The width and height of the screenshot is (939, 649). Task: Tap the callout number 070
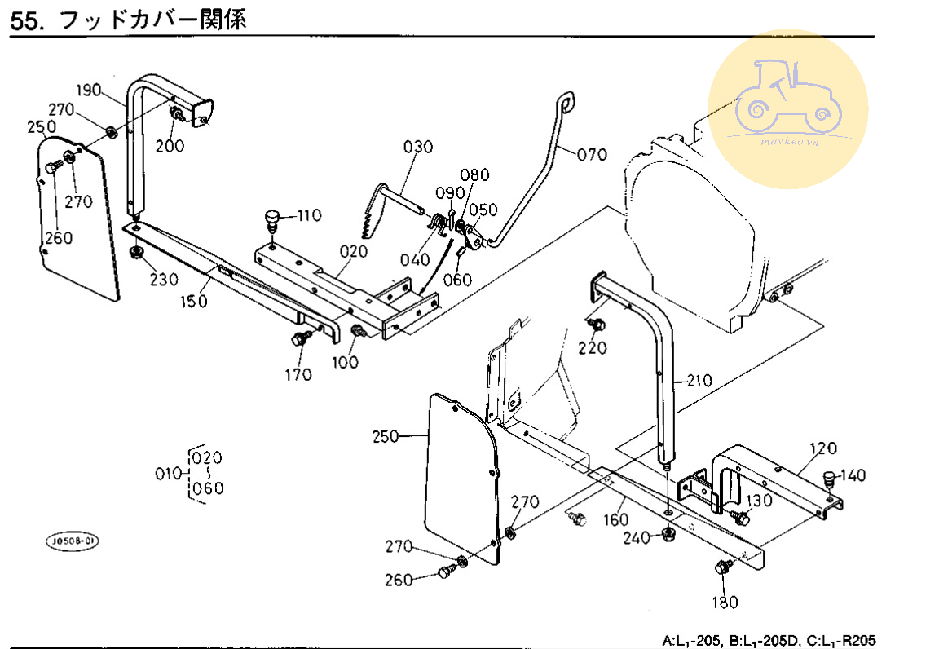point(593,154)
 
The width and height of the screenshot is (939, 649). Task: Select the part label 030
point(418,147)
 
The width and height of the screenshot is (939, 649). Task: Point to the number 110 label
point(309,216)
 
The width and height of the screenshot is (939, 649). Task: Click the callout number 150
point(195,301)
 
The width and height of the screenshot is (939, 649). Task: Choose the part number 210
point(699,380)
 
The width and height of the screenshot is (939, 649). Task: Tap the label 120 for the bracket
point(823,448)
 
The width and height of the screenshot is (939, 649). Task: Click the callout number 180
point(725,603)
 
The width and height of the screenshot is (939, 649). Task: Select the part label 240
point(636,538)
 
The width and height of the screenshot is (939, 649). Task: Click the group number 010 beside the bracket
point(169,474)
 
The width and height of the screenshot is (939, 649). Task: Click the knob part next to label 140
point(830,478)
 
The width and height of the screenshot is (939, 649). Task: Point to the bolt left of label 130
point(740,517)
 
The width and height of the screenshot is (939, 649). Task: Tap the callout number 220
point(593,348)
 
